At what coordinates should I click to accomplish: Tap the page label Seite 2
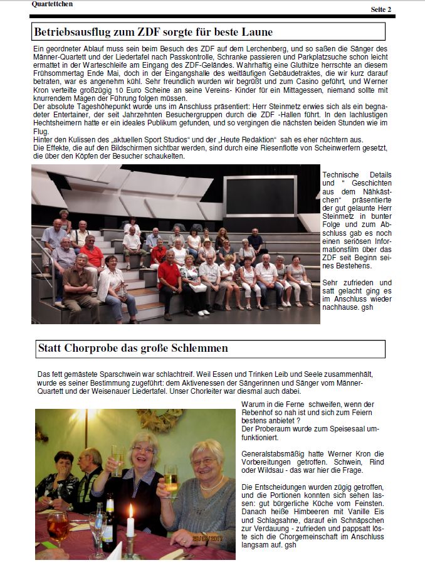tap(380, 9)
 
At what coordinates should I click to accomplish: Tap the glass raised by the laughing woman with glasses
tap(117, 459)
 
